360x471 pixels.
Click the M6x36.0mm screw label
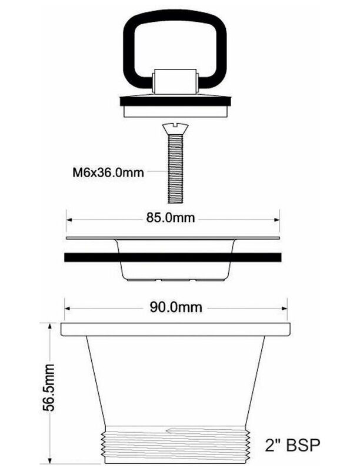(108, 173)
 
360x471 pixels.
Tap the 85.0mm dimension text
(171, 217)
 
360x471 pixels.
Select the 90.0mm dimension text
(176, 307)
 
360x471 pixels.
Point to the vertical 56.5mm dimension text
(48, 387)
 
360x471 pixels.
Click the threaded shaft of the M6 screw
(175, 168)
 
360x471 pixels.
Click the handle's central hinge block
(175, 81)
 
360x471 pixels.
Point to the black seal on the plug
(175, 101)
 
